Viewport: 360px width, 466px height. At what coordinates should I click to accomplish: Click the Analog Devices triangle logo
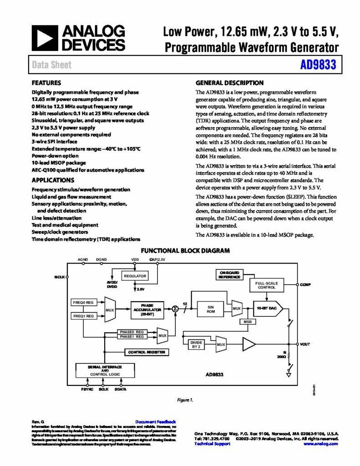pyautogui.click(x=45, y=38)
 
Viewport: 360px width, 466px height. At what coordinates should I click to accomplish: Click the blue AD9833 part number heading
pyautogui.click(x=318, y=65)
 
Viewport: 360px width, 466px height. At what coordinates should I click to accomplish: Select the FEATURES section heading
pyautogui.click(x=46, y=83)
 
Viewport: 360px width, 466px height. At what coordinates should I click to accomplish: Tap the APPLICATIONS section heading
pyautogui.click(x=53, y=180)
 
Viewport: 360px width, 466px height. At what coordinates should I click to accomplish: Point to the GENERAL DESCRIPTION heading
pyautogui.click(x=229, y=83)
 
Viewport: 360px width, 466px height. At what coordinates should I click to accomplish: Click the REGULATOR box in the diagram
pyautogui.click(x=135, y=276)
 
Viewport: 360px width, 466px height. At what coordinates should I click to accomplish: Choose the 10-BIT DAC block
pyautogui.click(x=267, y=308)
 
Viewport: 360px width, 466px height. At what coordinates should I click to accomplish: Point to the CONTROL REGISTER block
pyautogui.click(x=147, y=352)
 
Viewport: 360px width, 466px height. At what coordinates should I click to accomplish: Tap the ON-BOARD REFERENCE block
pyautogui.click(x=229, y=274)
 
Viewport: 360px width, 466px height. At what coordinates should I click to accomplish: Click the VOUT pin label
pyautogui.click(x=305, y=344)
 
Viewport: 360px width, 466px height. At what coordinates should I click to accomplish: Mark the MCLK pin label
pyautogui.click(x=60, y=277)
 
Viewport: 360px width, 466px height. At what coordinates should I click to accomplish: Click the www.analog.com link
pyautogui.click(x=321, y=443)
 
